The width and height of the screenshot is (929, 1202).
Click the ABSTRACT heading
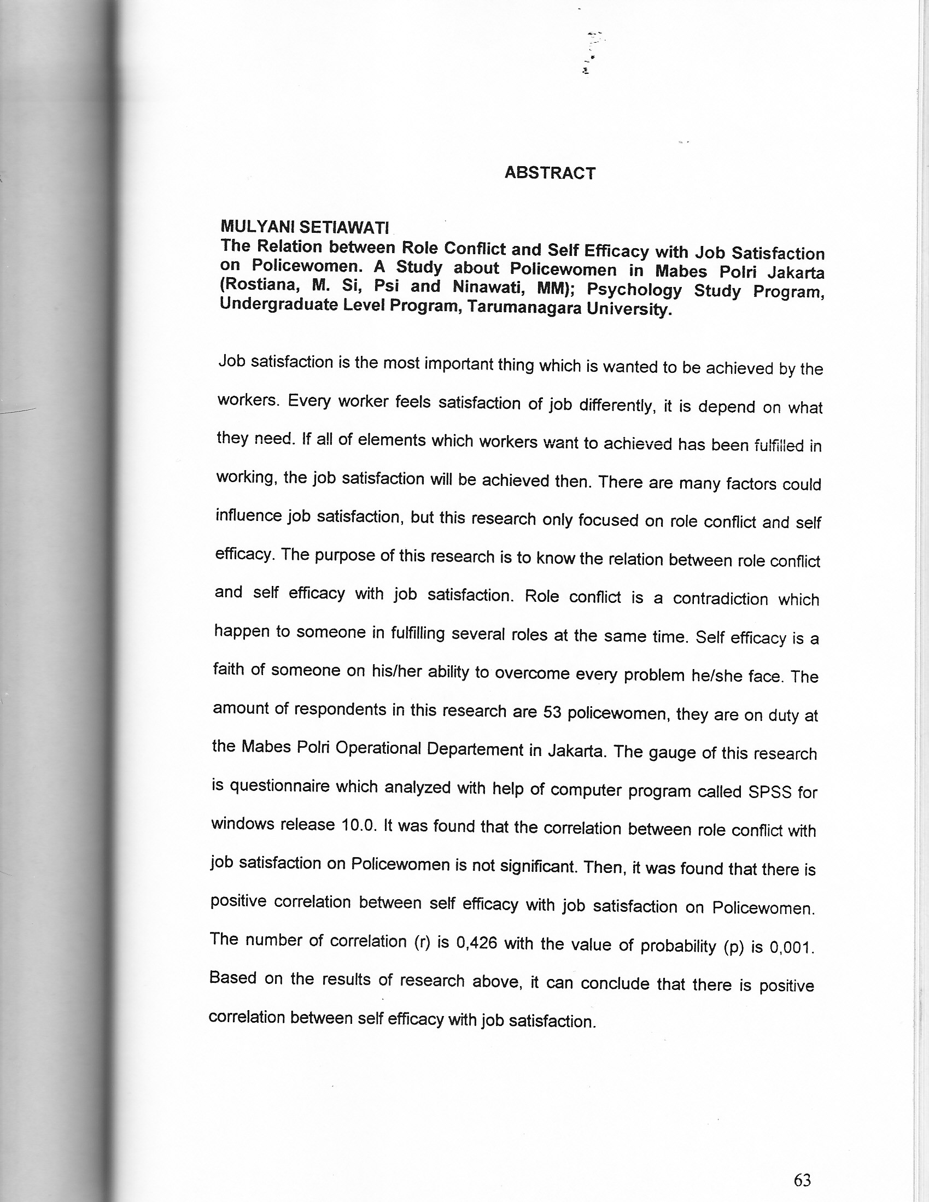click(x=550, y=173)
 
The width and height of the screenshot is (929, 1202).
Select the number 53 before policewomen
click(x=552, y=713)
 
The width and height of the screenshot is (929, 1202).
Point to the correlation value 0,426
click(x=477, y=943)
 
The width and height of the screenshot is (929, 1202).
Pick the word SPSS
click(x=769, y=792)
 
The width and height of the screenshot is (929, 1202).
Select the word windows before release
click(x=242, y=824)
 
